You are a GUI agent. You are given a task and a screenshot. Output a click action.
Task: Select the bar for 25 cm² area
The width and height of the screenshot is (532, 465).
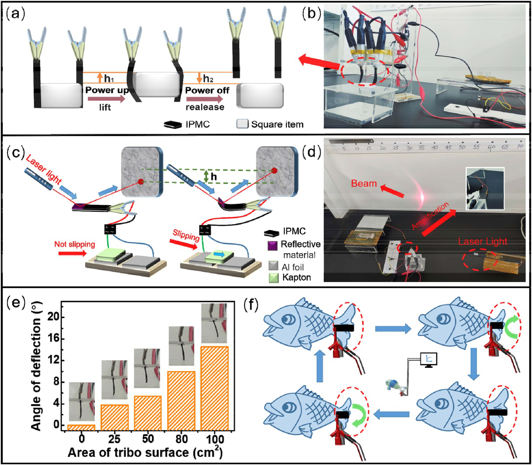click(x=115, y=417)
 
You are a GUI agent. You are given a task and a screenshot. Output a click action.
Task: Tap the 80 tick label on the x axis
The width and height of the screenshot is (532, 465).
click(x=182, y=438)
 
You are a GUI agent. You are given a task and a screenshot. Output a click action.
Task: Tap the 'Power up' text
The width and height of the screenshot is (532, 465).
click(x=106, y=90)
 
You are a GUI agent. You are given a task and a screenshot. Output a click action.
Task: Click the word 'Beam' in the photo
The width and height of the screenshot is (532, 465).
click(x=364, y=183)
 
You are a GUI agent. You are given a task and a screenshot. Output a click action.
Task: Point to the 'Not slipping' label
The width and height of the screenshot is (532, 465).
click(x=74, y=244)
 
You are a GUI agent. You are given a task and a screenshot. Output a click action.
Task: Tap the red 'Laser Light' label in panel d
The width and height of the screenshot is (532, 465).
click(x=483, y=241)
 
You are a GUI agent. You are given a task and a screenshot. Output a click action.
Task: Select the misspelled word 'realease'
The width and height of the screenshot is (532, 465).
click(x=205, y=107)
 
